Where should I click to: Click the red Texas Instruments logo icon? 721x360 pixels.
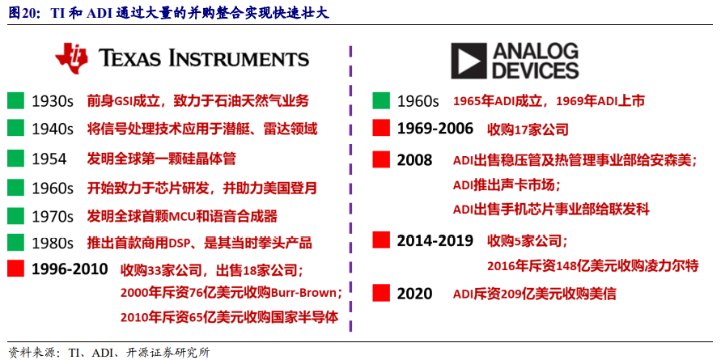(x=71, y=59)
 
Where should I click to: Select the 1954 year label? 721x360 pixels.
(x=49, y=159)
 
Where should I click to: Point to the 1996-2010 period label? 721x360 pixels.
(x=70, y=269)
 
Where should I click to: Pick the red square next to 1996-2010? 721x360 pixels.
(x=15, y=269)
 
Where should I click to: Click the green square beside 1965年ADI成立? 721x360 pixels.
(x=381, y=100)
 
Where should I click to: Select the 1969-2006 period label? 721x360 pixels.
(x=435, y=129)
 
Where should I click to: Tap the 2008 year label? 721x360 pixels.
(x=414, y=160)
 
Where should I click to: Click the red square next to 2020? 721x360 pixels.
(x=381, y=293)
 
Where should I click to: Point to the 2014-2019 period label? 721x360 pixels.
(x=435, y=240)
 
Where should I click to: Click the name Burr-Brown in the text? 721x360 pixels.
(x=306, y=293)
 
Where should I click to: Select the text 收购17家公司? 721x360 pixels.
(x=528, y=129)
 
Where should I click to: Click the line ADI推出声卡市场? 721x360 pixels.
(x=506, y=185)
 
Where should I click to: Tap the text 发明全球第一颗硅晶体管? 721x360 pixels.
(x=161, y=159)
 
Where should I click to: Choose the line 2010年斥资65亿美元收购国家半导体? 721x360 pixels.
(x=230, y=317)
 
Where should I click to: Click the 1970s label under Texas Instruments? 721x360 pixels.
(x=53, y=216)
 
